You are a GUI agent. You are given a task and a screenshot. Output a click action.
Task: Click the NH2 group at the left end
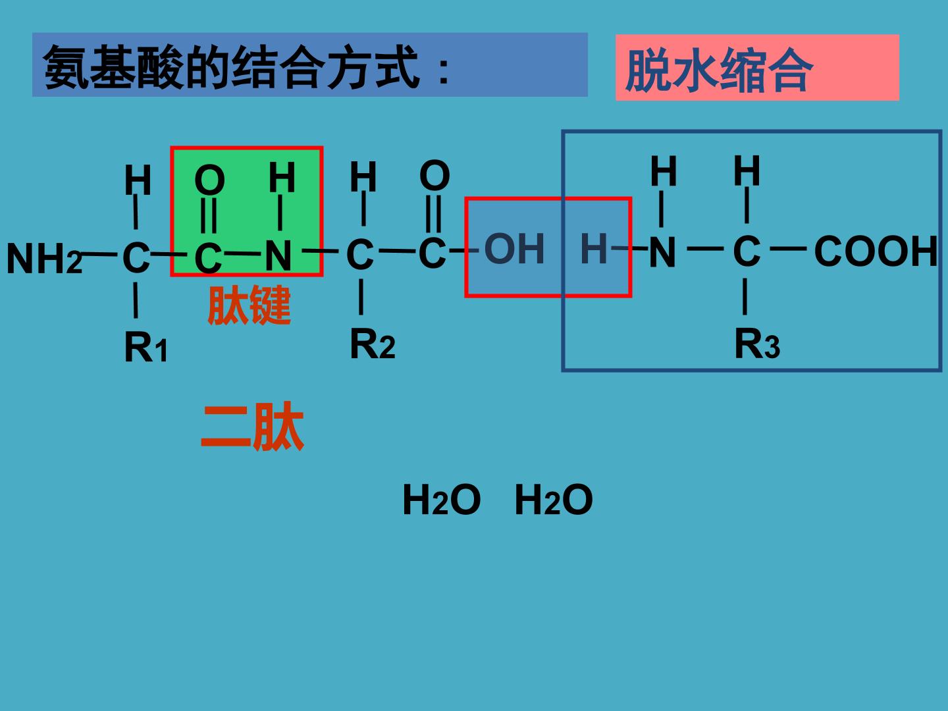click(x=45, y=258)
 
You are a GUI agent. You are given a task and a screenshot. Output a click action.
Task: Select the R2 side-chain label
click(x=372, y=344)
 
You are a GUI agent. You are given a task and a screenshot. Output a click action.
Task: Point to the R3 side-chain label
click(x=757, y=344)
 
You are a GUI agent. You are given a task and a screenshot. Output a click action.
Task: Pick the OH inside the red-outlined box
click(x=514, y=248)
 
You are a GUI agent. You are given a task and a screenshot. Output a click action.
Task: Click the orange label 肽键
click(x=250, y=305)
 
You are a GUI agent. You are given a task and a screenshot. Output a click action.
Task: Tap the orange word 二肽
click(x=253, y=427)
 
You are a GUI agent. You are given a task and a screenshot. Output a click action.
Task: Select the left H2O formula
click(x=441, y=500)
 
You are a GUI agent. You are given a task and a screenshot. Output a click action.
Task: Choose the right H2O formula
click(x=554, y=500)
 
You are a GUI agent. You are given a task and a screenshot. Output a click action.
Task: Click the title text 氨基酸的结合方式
click(x=231, y=67)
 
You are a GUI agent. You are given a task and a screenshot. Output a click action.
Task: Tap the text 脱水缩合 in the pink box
click(x=720, y=70)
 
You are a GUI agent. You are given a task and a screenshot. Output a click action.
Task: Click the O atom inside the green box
click(x=209, y=180)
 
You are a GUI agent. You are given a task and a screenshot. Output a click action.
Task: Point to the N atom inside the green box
click(x=278, y=256)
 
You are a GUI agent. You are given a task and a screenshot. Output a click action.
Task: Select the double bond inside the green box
click(x=209, y=215)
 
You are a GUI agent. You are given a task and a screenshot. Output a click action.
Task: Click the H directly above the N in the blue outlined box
click(x=664, y=171)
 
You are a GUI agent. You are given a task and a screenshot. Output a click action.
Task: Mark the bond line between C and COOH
click(x=788, y=248)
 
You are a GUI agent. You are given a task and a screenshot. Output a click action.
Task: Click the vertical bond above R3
click(x=745, y=296)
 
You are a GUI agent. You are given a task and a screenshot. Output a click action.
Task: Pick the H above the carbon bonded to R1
click(x=138, y=180)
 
